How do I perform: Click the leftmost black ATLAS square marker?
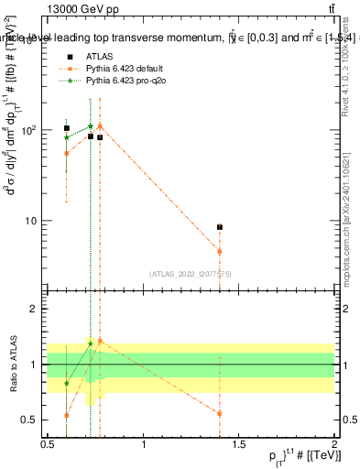[67, 128]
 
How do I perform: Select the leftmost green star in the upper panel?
[67, 137]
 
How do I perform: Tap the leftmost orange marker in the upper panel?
[67, 153]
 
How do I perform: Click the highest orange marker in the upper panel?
[100, 125]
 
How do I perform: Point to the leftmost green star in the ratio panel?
[67, 383]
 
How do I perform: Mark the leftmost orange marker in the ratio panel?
[67, 415]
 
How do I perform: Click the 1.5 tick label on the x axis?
[238, 444]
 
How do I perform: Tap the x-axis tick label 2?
[334, 444]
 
